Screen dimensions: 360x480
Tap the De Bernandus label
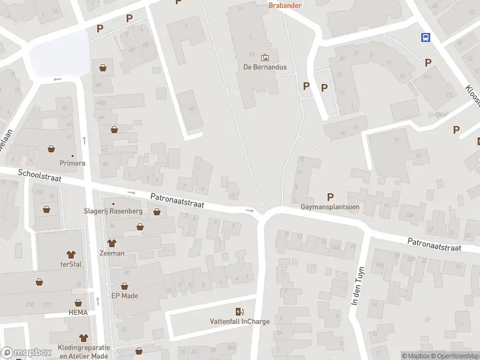pos(265,67)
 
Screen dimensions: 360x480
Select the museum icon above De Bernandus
pos(265,58)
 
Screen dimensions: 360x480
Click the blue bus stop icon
pos(425,37)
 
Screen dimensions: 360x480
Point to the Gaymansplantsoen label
pos(329,207)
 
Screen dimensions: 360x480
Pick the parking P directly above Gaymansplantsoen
pos(329,196)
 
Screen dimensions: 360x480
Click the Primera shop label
pos(72,163)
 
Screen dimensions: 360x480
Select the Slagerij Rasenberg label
pos(112,211)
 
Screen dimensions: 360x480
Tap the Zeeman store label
pos(112,253)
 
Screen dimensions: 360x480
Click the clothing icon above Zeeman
pos(112,243)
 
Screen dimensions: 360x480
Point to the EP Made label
pos(125,295)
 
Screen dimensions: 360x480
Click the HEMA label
pos(77,313)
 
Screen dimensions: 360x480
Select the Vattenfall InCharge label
pos(239,321)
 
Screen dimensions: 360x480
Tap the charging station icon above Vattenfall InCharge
pos(239,311)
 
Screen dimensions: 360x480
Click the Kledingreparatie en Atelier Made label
pos(84,352)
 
